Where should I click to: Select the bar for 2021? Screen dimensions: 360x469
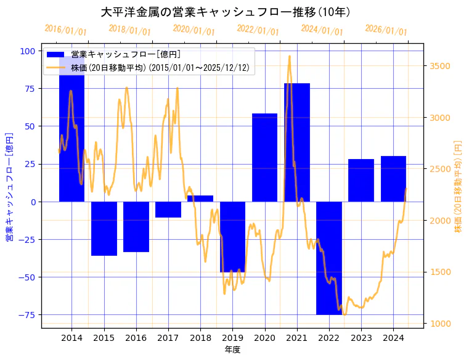[297, 142]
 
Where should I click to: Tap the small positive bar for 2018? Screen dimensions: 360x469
[200, 198]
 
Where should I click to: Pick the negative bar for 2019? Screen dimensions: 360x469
[232, 237]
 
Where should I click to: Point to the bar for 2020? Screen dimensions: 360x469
[264, 157]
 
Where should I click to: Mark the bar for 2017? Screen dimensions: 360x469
[168, 210]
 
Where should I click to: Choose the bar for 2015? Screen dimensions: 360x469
[104, 228]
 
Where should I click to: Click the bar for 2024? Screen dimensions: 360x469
[393, 179]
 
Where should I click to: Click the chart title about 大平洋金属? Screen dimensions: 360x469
[226, 12]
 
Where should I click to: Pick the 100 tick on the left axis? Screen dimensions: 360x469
[28, 51]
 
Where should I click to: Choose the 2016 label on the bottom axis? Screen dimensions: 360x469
[136, 338]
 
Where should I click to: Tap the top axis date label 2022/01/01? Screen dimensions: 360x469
[258, 30]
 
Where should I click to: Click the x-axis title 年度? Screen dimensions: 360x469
[232, 350]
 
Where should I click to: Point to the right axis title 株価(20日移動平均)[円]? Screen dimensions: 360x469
[458, 186]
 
